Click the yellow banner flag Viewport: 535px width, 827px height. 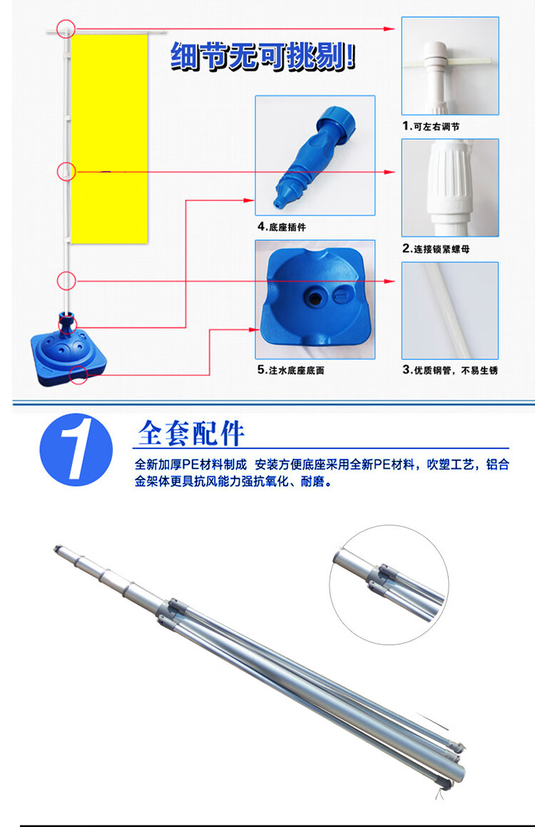point(109,139)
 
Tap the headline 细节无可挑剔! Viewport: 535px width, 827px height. point(263,56)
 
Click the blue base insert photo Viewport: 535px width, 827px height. point(315,155)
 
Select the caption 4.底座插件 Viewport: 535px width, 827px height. point(282,227)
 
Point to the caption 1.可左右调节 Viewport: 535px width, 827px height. point(431,127)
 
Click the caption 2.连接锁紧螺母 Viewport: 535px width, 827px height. point(436,249)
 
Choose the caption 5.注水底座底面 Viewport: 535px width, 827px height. point(291,370)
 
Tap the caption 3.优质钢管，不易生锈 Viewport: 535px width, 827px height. point(450,370)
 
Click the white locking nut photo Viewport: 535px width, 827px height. point(450,188)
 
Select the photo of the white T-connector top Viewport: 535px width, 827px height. point(450,66)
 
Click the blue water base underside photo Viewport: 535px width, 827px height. point(315,299)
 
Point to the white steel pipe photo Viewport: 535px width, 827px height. point(450,311)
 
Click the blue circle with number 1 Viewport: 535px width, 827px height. point(76,449)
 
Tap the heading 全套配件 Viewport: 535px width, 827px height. point(191,434)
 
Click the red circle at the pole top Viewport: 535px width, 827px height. point(66,29)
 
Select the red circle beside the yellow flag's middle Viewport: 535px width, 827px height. point(66,171)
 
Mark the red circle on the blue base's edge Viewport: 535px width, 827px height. point(78,374)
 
